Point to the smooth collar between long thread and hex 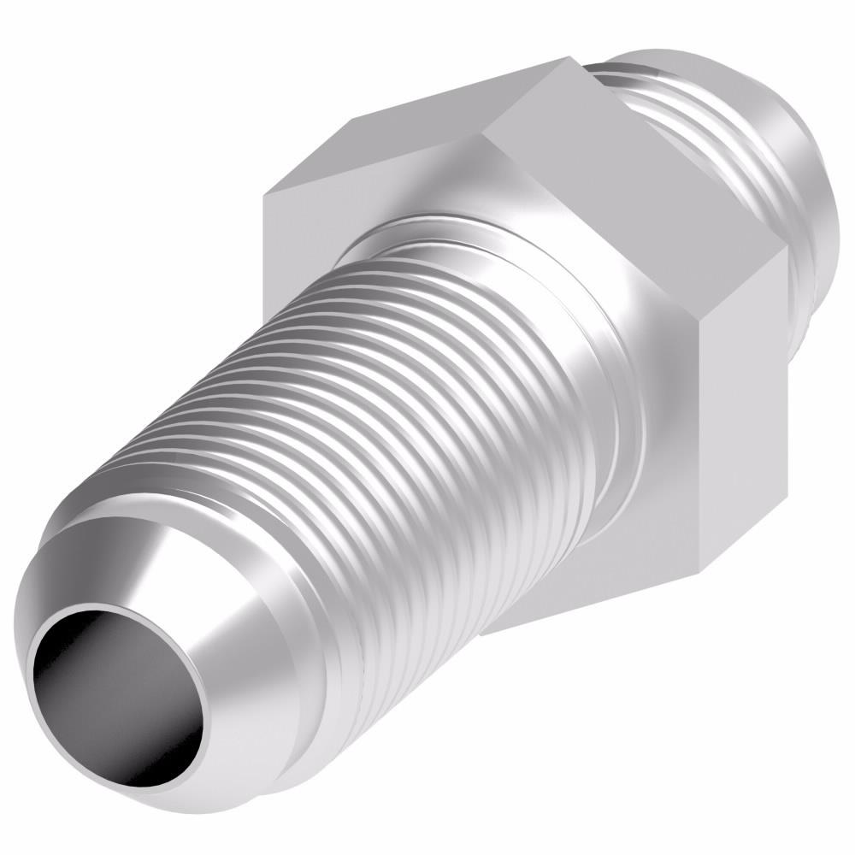click(x=513, y=256)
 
